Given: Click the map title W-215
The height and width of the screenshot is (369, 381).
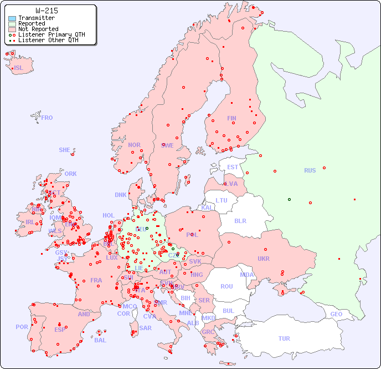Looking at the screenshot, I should [x=47, y=11].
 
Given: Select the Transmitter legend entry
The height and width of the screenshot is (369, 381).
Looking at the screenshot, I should [x=36, y=18].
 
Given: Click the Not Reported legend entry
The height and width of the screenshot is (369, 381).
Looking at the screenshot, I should [x=38, y=29].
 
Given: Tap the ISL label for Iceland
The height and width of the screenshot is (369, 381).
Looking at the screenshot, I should [x=19, y=68].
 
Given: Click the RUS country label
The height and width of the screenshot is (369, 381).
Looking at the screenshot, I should [x=310, y=170].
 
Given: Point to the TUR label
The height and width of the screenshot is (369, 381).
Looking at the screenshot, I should [x=284, y=338].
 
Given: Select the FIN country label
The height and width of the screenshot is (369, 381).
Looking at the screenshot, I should [x=231, y=118].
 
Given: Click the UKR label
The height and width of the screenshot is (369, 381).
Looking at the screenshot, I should [x=264, y=259].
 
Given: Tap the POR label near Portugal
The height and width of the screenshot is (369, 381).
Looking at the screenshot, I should [x=22, y=327].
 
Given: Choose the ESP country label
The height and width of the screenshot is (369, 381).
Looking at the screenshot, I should [x=60, y=329].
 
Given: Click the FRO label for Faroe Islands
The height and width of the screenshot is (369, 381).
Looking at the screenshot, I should [x=47, y=118].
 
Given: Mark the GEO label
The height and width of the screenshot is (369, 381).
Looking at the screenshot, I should [x=336, y=314].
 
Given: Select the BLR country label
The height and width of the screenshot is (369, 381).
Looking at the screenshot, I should [x=240, y=220].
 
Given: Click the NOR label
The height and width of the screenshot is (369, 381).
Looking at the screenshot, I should [x=134, y=145].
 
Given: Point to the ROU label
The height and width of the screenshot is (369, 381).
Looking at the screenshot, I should [x=226, y=286].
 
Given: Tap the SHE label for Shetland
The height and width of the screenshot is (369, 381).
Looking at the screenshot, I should [x=65, y=150].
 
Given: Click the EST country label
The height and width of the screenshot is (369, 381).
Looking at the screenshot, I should [x=233, y=167].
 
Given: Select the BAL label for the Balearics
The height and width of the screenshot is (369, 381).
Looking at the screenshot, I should [x=100, y=340].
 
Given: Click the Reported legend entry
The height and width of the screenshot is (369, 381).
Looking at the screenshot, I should [x=32, y=23].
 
